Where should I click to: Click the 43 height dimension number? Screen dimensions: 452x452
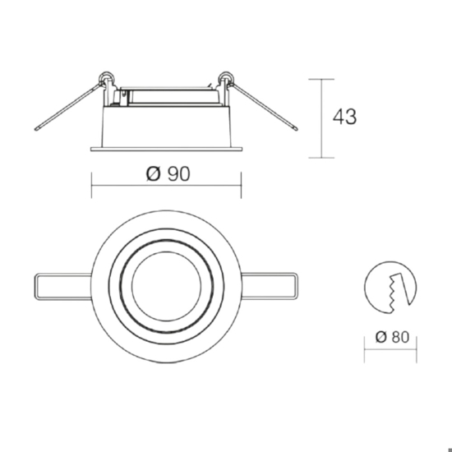click(344, 117)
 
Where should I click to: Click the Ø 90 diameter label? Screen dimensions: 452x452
click(168, 174)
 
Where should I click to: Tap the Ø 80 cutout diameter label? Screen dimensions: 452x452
click(392, 337)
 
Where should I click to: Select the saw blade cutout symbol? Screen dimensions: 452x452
click(390, 287)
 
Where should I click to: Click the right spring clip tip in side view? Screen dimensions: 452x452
click(296, 129)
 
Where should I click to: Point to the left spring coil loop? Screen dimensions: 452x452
click(106, 77)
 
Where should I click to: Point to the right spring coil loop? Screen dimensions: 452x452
click(226, 77)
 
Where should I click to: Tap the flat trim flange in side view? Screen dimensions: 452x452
click(166, 149)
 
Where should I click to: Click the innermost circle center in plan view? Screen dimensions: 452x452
click(166, 286)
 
